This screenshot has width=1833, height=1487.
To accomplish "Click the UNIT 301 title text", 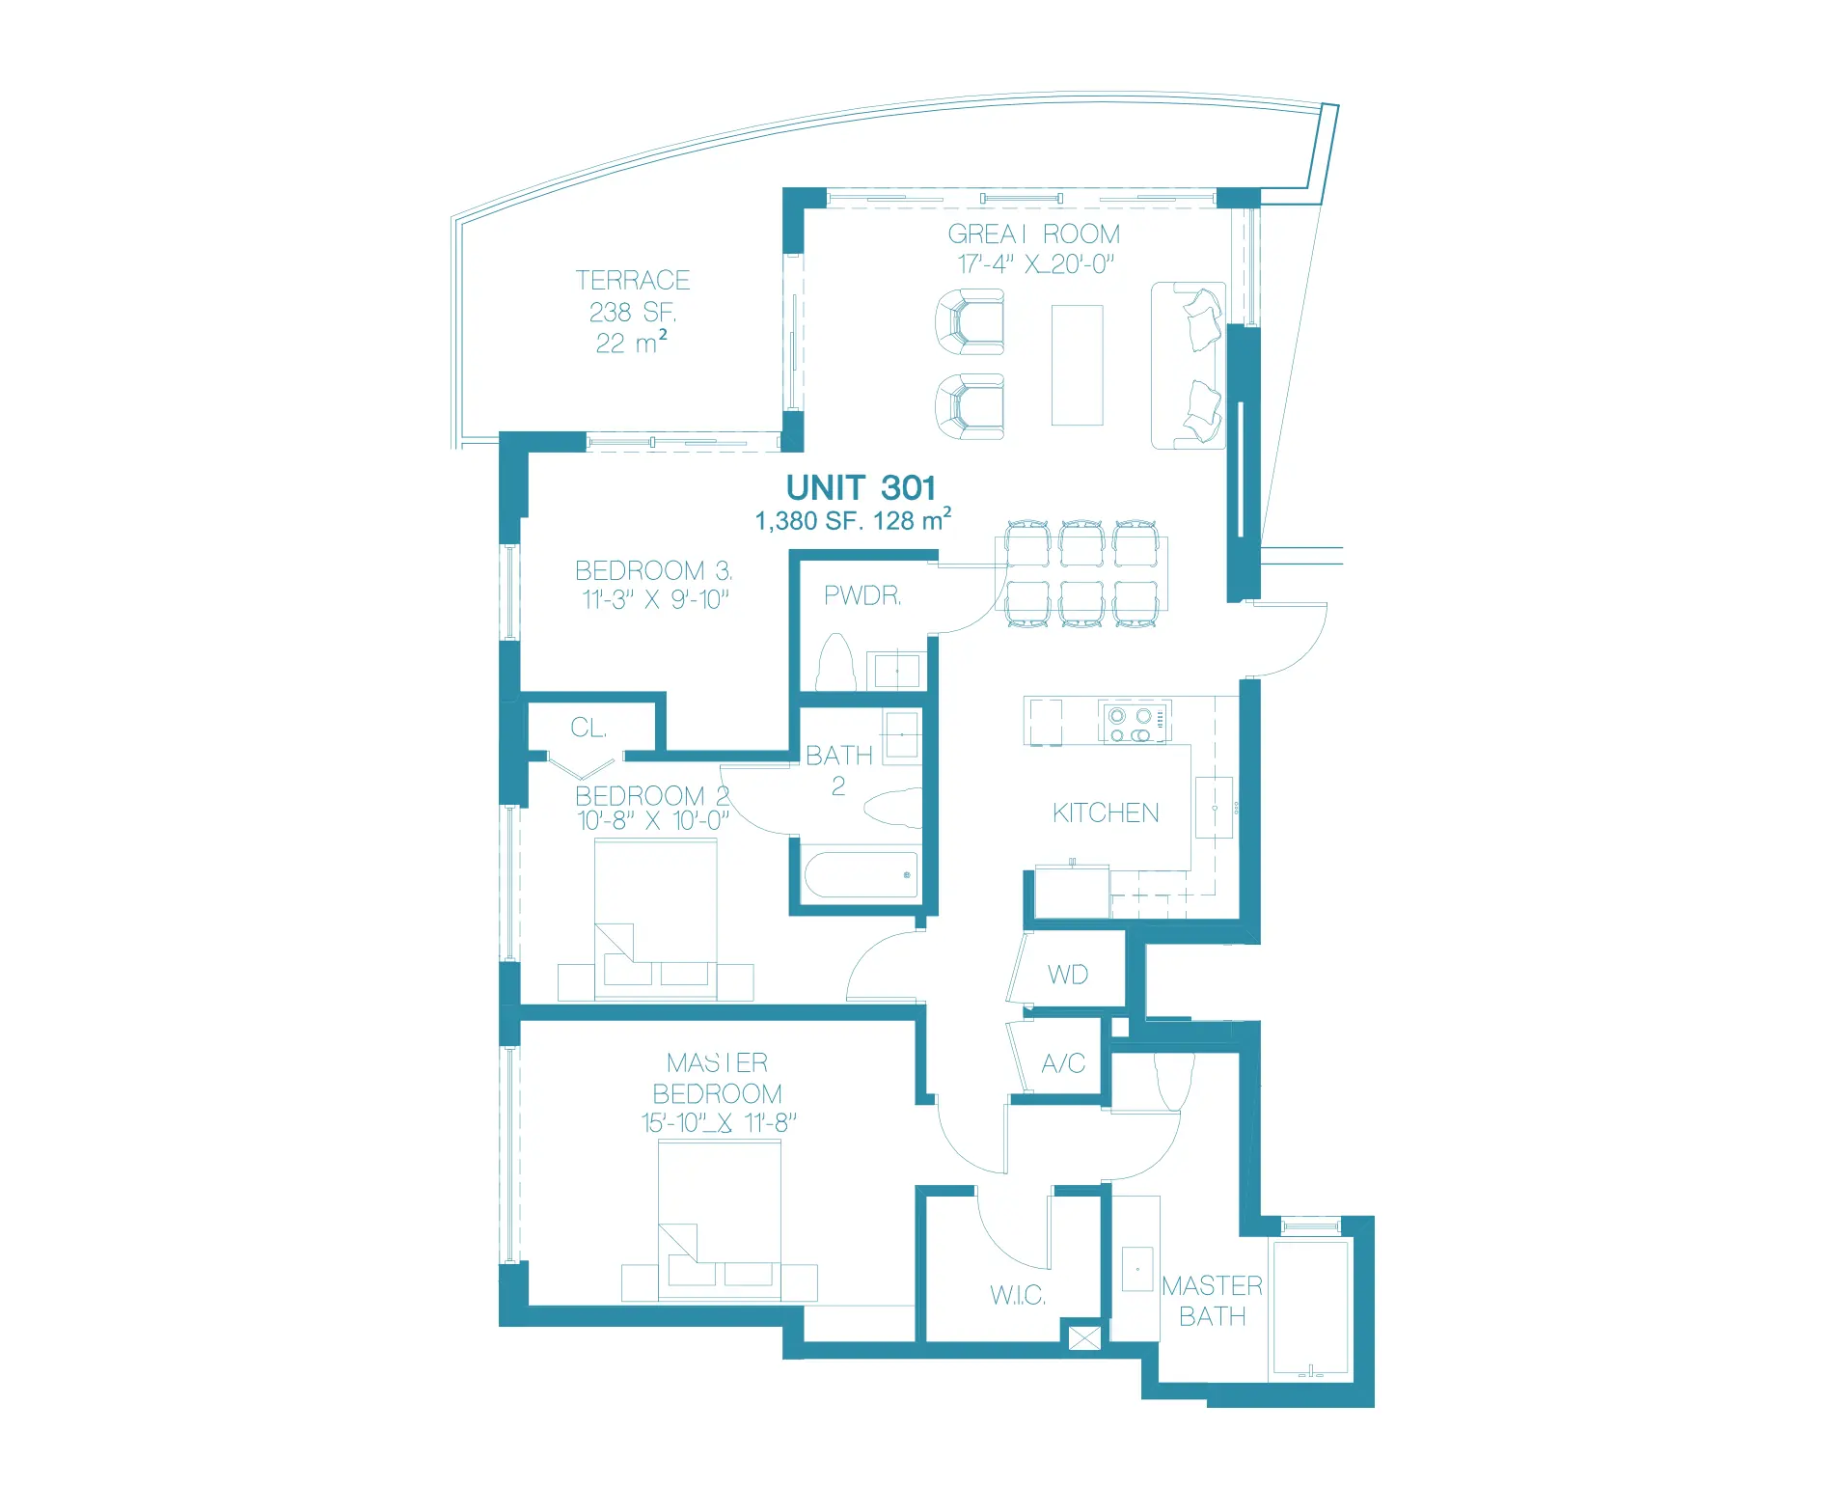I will coord(861,488).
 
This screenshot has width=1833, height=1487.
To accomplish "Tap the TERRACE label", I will coord(633,281).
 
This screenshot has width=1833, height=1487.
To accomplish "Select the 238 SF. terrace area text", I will coord(633,313).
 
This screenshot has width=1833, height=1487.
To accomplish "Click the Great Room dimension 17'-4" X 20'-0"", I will coord(1035,264).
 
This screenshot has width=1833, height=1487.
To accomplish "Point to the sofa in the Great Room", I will coord(1189,366).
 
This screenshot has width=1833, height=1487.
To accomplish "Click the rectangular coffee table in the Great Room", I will coord(1077,365).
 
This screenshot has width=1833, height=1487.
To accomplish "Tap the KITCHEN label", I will coord(1106,813).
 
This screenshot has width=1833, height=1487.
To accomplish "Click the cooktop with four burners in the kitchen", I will coord(1135,723).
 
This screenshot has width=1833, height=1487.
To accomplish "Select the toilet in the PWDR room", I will coord(836,663).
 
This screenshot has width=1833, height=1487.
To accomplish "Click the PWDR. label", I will coord(862,596).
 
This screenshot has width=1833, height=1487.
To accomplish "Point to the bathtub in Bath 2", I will coord(861,874).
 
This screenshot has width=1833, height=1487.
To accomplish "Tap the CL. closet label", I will coord(588,728).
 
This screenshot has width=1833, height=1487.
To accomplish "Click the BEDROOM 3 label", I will coord(653,570).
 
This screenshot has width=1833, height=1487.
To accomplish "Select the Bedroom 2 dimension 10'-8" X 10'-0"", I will coord(653,821).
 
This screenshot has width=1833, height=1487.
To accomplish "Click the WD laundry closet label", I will coord(1068,975).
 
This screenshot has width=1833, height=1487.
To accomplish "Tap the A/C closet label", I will coord(1063,1063).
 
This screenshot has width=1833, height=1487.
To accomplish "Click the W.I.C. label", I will coord(1018,1295).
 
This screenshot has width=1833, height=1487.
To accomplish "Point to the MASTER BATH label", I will coord(1212,1301).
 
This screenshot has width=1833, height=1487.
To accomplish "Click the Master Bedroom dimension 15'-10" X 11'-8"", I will coord(719,1123).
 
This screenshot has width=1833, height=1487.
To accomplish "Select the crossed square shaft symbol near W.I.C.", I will coord(1084,1338).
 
